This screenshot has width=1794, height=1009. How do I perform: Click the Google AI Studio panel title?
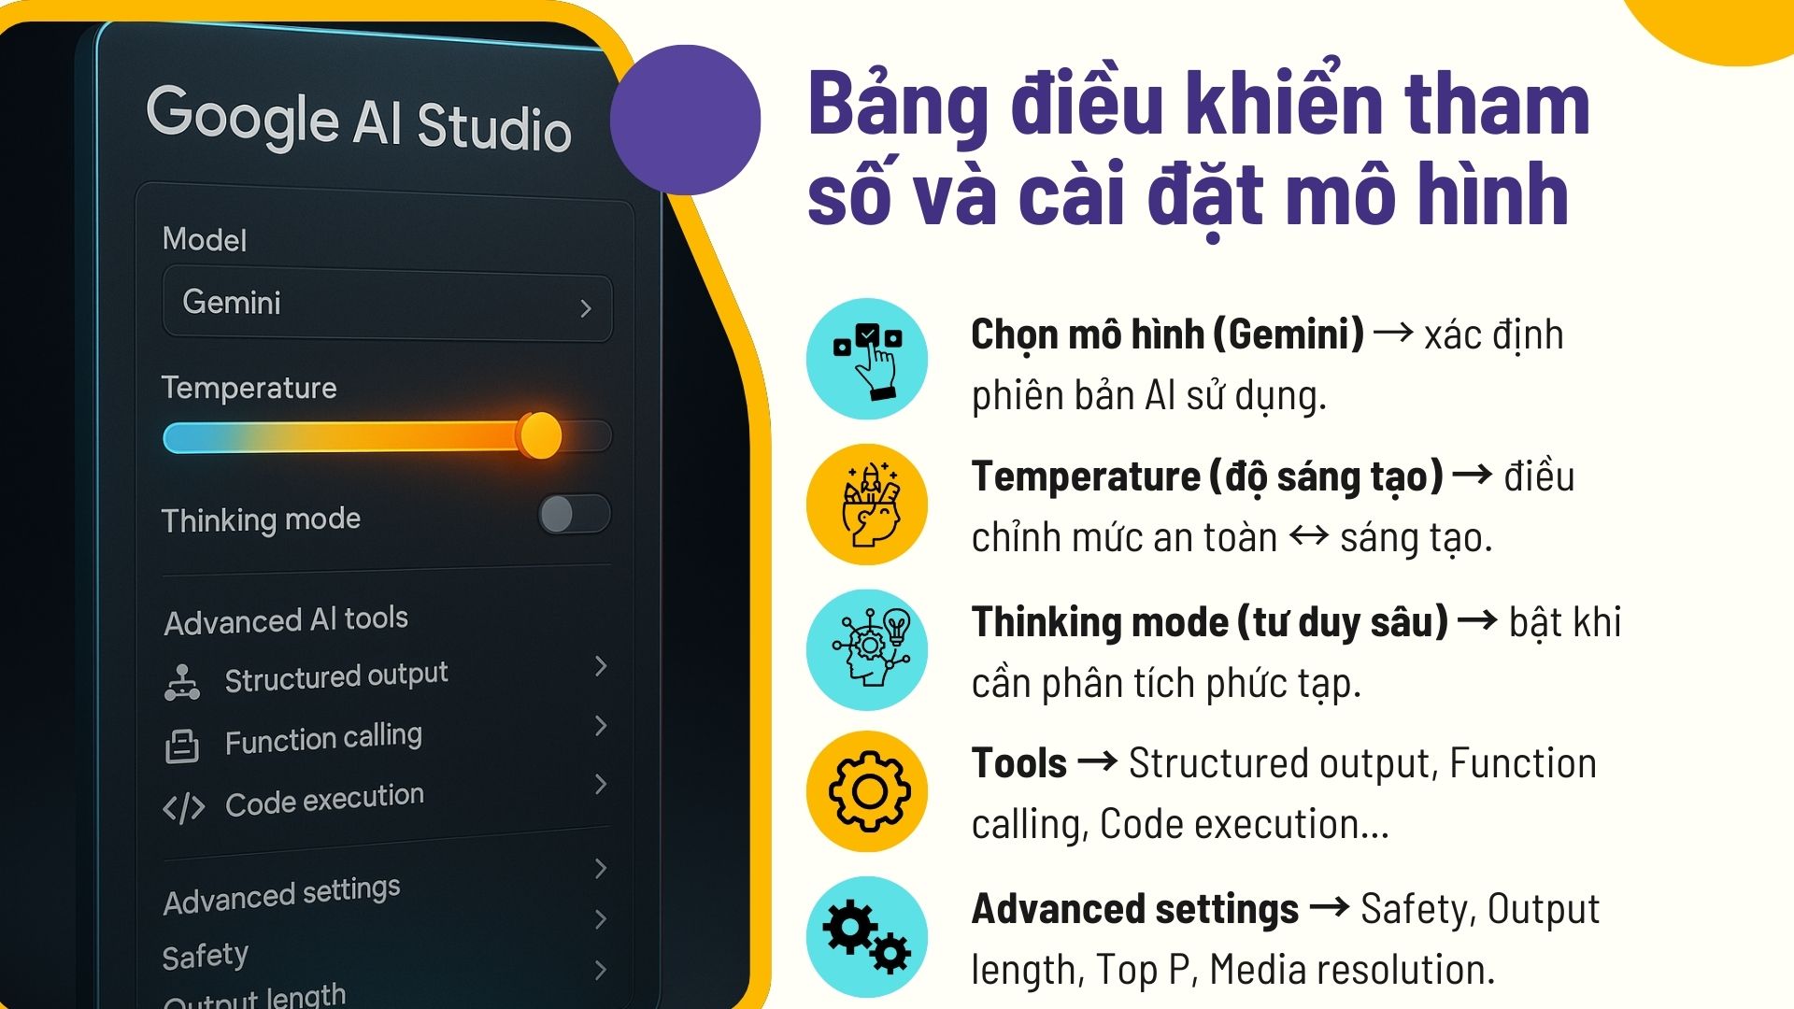click(359, 120)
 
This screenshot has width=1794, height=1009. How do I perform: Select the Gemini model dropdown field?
click(387, 304)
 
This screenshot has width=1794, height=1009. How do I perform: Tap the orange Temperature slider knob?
click(539, 435)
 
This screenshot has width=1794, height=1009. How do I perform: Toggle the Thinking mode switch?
click(574, 514)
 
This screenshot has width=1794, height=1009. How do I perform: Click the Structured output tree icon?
click(181, 682)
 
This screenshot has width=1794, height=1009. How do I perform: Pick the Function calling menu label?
click(323, 739)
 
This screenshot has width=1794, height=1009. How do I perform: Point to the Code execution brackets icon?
click(183, 807)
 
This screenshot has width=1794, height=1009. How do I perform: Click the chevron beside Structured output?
click(601, 666)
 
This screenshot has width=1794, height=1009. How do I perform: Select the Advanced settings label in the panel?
click(281, 895)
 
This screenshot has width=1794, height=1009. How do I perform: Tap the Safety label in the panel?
click(205, 956)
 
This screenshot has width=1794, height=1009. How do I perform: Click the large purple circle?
click(685, 120)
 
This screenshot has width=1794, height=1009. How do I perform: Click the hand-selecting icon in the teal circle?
click(867, 359)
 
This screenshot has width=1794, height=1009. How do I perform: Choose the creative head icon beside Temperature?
click(867, 504)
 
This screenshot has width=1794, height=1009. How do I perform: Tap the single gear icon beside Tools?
click(867, 791)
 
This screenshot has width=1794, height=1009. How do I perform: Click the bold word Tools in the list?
click(1018, 763)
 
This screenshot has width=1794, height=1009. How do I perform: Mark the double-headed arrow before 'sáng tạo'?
click(1308, 536)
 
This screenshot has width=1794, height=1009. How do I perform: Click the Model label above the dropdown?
click(205, 239)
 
